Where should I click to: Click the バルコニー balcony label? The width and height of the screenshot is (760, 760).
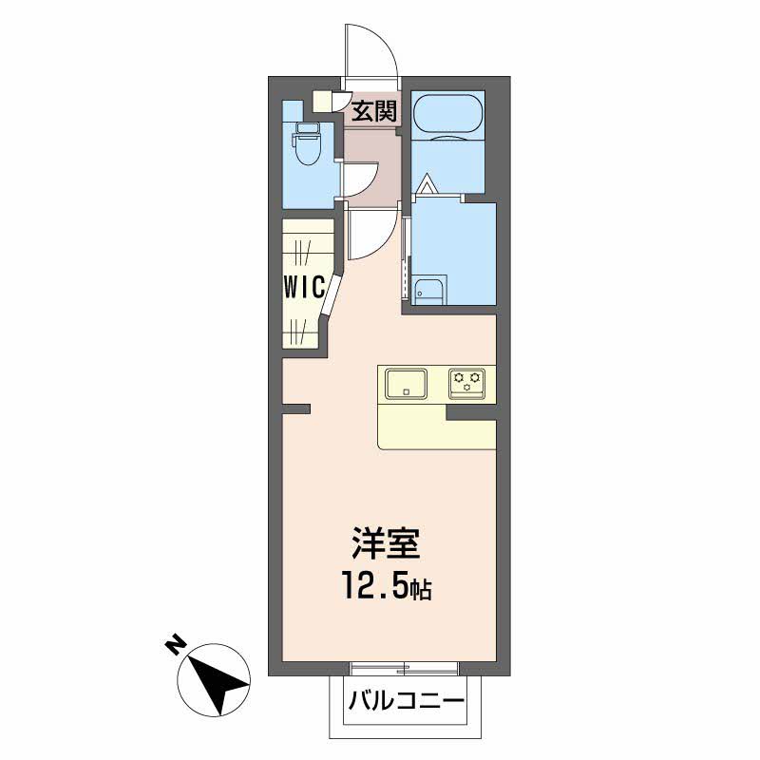click(405, 704)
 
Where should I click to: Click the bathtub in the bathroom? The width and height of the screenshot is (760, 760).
click(449, 116)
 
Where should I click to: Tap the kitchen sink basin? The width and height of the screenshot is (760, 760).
click(408, 383)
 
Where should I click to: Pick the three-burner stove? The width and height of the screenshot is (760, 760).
click(468, 383)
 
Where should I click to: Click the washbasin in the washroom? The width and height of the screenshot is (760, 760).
click(428, 292)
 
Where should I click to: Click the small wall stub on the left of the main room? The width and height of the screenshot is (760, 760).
click(296, 409)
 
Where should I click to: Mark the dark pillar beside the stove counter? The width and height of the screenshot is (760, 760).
click(469, 412)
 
